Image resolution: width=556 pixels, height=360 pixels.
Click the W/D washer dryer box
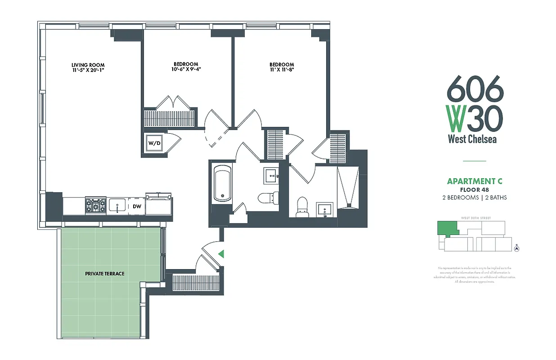coord(154,143)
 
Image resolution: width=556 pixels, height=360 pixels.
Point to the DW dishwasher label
coord(137,207)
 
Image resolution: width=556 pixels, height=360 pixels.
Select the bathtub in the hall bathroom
coord(222,184)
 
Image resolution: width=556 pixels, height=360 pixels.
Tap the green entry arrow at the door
coord(220,254)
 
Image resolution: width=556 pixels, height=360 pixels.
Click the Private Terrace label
coord(104,274)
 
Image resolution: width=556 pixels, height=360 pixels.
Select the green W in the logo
coord(456,118)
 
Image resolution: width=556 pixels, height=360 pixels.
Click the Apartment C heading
coord(474,181)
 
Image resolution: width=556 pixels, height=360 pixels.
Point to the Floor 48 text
coord(474,190)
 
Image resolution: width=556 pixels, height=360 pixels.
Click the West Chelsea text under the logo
coord(472,139)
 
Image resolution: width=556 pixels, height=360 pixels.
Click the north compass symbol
coord(517,248)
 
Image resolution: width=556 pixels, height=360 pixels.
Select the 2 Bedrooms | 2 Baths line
coord(474,198)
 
